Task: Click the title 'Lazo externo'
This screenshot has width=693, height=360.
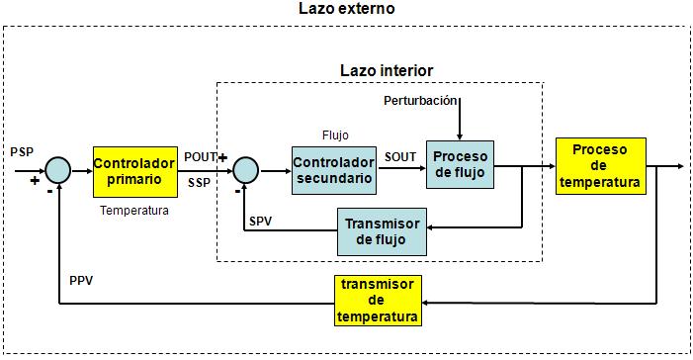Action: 346,9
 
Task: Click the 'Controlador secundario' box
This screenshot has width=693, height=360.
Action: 334,169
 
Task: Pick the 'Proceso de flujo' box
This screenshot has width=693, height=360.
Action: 461,165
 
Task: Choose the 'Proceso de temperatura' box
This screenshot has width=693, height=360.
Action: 601,165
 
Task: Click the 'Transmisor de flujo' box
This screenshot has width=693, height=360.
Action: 382,230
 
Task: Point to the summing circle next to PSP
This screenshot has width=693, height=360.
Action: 59,169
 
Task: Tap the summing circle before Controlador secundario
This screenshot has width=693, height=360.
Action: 245,169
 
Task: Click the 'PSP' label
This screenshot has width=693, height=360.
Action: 22,152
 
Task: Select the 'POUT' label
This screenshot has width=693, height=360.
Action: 201,156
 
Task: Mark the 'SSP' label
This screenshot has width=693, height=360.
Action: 198,183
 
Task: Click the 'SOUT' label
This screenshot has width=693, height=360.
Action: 400,156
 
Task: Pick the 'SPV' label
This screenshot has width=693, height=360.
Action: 262,219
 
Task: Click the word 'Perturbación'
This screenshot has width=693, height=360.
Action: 420,101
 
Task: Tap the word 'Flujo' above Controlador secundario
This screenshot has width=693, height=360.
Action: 335,135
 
